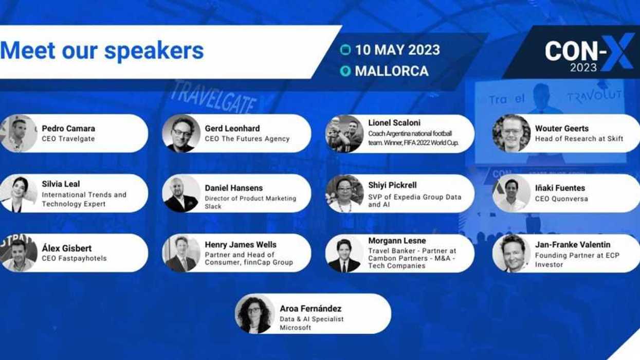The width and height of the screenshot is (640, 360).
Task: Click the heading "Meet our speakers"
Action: pos(102,51)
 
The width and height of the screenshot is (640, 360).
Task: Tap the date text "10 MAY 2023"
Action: pos(397,50)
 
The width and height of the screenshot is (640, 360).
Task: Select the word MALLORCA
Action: pos(391,71)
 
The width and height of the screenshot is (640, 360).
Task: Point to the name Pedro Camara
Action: pos(68,129)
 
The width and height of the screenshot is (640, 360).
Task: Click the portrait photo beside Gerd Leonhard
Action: pos(181,134)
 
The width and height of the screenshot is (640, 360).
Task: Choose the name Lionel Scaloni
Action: pos(394,123)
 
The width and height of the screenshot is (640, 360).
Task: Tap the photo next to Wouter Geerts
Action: pos(511,134)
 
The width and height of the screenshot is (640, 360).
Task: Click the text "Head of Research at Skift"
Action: pos(579,139)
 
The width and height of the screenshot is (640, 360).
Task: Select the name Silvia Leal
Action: pos(61,184)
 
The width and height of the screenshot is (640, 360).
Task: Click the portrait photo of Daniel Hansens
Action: pos(181,194)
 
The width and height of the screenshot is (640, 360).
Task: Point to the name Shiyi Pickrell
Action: pos(392,185)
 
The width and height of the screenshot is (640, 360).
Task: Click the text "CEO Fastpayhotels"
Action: pos(74,258)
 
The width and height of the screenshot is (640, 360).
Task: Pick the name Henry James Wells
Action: pos(241,245)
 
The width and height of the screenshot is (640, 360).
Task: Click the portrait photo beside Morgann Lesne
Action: pos(344,254)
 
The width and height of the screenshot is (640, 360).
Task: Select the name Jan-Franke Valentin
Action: pos(573,245)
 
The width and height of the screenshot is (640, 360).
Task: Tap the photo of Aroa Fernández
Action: pos(254,314)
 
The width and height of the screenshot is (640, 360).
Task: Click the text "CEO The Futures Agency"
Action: pos(247,139)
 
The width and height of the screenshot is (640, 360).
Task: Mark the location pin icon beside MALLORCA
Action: pos(345,71)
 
